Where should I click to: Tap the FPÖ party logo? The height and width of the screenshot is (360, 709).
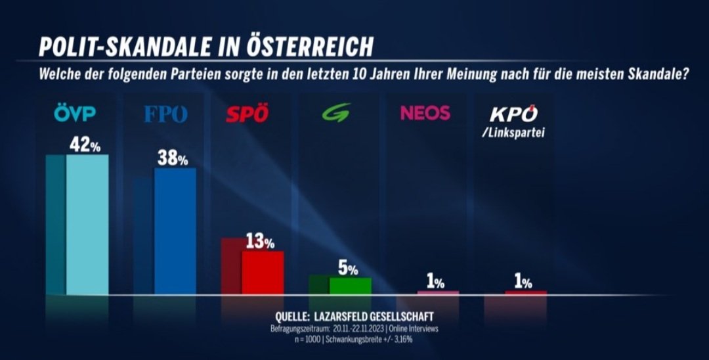[x=165, y=114]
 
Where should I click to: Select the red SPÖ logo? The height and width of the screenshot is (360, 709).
[x=247, y=114]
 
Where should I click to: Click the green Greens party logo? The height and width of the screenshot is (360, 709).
[x=335, y=114]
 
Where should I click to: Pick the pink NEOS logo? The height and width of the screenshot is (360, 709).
[x=425, y=113]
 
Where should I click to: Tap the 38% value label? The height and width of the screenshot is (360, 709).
[x=173, y=158]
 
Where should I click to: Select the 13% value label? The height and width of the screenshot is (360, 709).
[x=260, y=242]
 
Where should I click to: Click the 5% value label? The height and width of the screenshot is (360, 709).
[x=349, y=269]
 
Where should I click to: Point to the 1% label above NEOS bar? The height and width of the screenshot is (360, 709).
[x=435, y=282]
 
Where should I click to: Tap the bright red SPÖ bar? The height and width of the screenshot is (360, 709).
[x=263, y=273]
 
